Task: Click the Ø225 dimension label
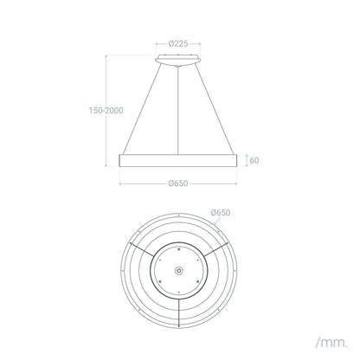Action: pyautogui.click(x=178, y=44)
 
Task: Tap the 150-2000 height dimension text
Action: pyautogui.click(x=106, y=111)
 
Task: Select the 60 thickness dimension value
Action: pyautogui.click(x=254, y=160)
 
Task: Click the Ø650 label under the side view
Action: pyautogui.click(x=178, y=183)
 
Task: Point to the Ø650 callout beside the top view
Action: pyautogui.click(x=221, y=213)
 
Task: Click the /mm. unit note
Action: pyautogui.click(x=332, y=343)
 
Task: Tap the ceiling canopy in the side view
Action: pyautogui.click(x=178, y=60)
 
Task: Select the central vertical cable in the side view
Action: pyautogui.click(x=178, y=110)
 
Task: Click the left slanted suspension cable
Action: pyautogui.click(x=142, y=109)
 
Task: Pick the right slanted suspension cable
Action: pyautogui.click(x=215, y=109)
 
